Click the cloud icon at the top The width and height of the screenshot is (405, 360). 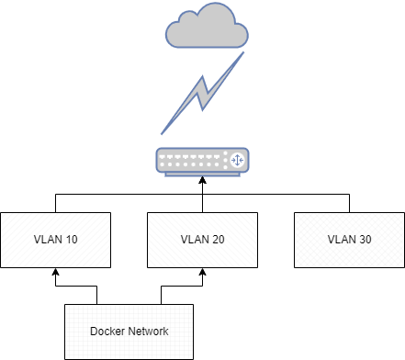[x=206, y=27]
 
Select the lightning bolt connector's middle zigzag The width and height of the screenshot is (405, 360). [x=203, y=92]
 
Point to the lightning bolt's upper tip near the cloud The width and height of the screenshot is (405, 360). [x=242, y=54]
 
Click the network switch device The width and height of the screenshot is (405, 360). [x=202, y=161]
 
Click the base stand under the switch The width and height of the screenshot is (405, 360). [x=202, y=174]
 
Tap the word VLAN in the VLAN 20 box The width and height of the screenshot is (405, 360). [x=192, y=240]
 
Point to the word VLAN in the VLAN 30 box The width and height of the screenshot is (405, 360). [x=339, y=240]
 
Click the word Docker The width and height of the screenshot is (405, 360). [x=107, y=332]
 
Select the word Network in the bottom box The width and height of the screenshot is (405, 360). [x=149, y=332]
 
